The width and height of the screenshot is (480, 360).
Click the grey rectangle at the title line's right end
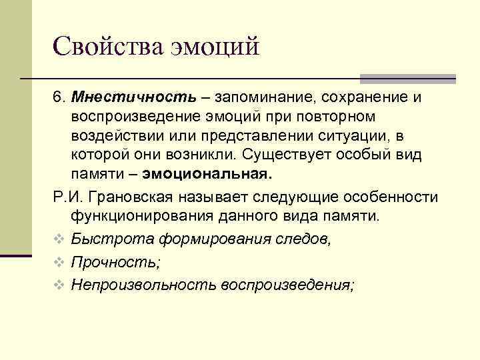408,79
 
